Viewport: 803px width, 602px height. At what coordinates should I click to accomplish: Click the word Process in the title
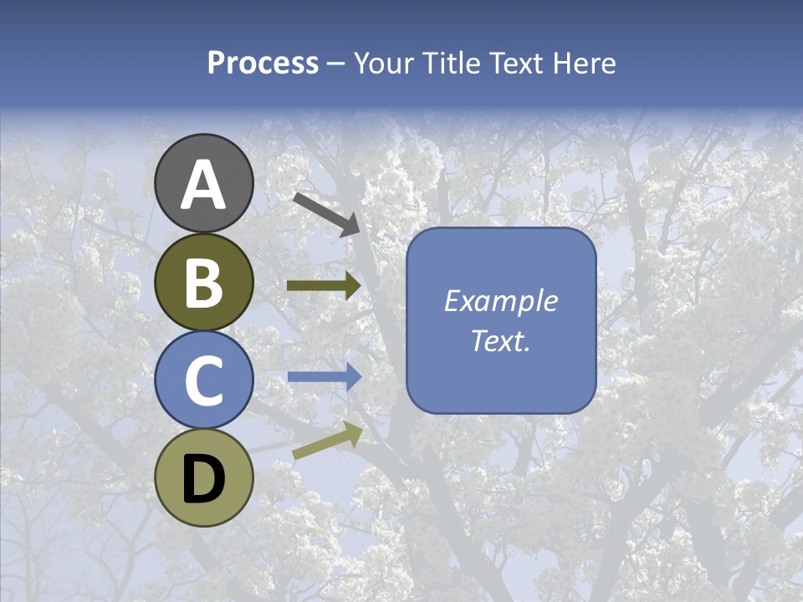pyautogui.click(x=263, y=63)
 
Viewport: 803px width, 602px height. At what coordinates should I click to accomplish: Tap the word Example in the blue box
pyautogui.click(x=500, y=302)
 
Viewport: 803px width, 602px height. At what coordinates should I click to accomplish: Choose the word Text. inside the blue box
pyautogui.click(x=500, y=341)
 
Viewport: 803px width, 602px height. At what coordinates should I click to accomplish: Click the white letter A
pyautogui.click(x=204, y=186)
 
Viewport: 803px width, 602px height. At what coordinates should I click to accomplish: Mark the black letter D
pyautogui.click(x=204, y=479)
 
